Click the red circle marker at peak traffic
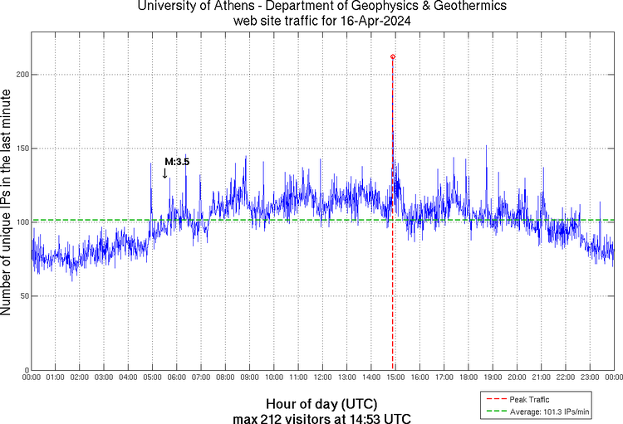click(x=393, y=56)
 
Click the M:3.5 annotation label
click(x=176, y=162)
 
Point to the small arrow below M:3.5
click(x=164, y=173)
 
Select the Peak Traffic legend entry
click(x=528, y=399)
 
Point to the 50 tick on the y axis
click(x=22, y=296)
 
